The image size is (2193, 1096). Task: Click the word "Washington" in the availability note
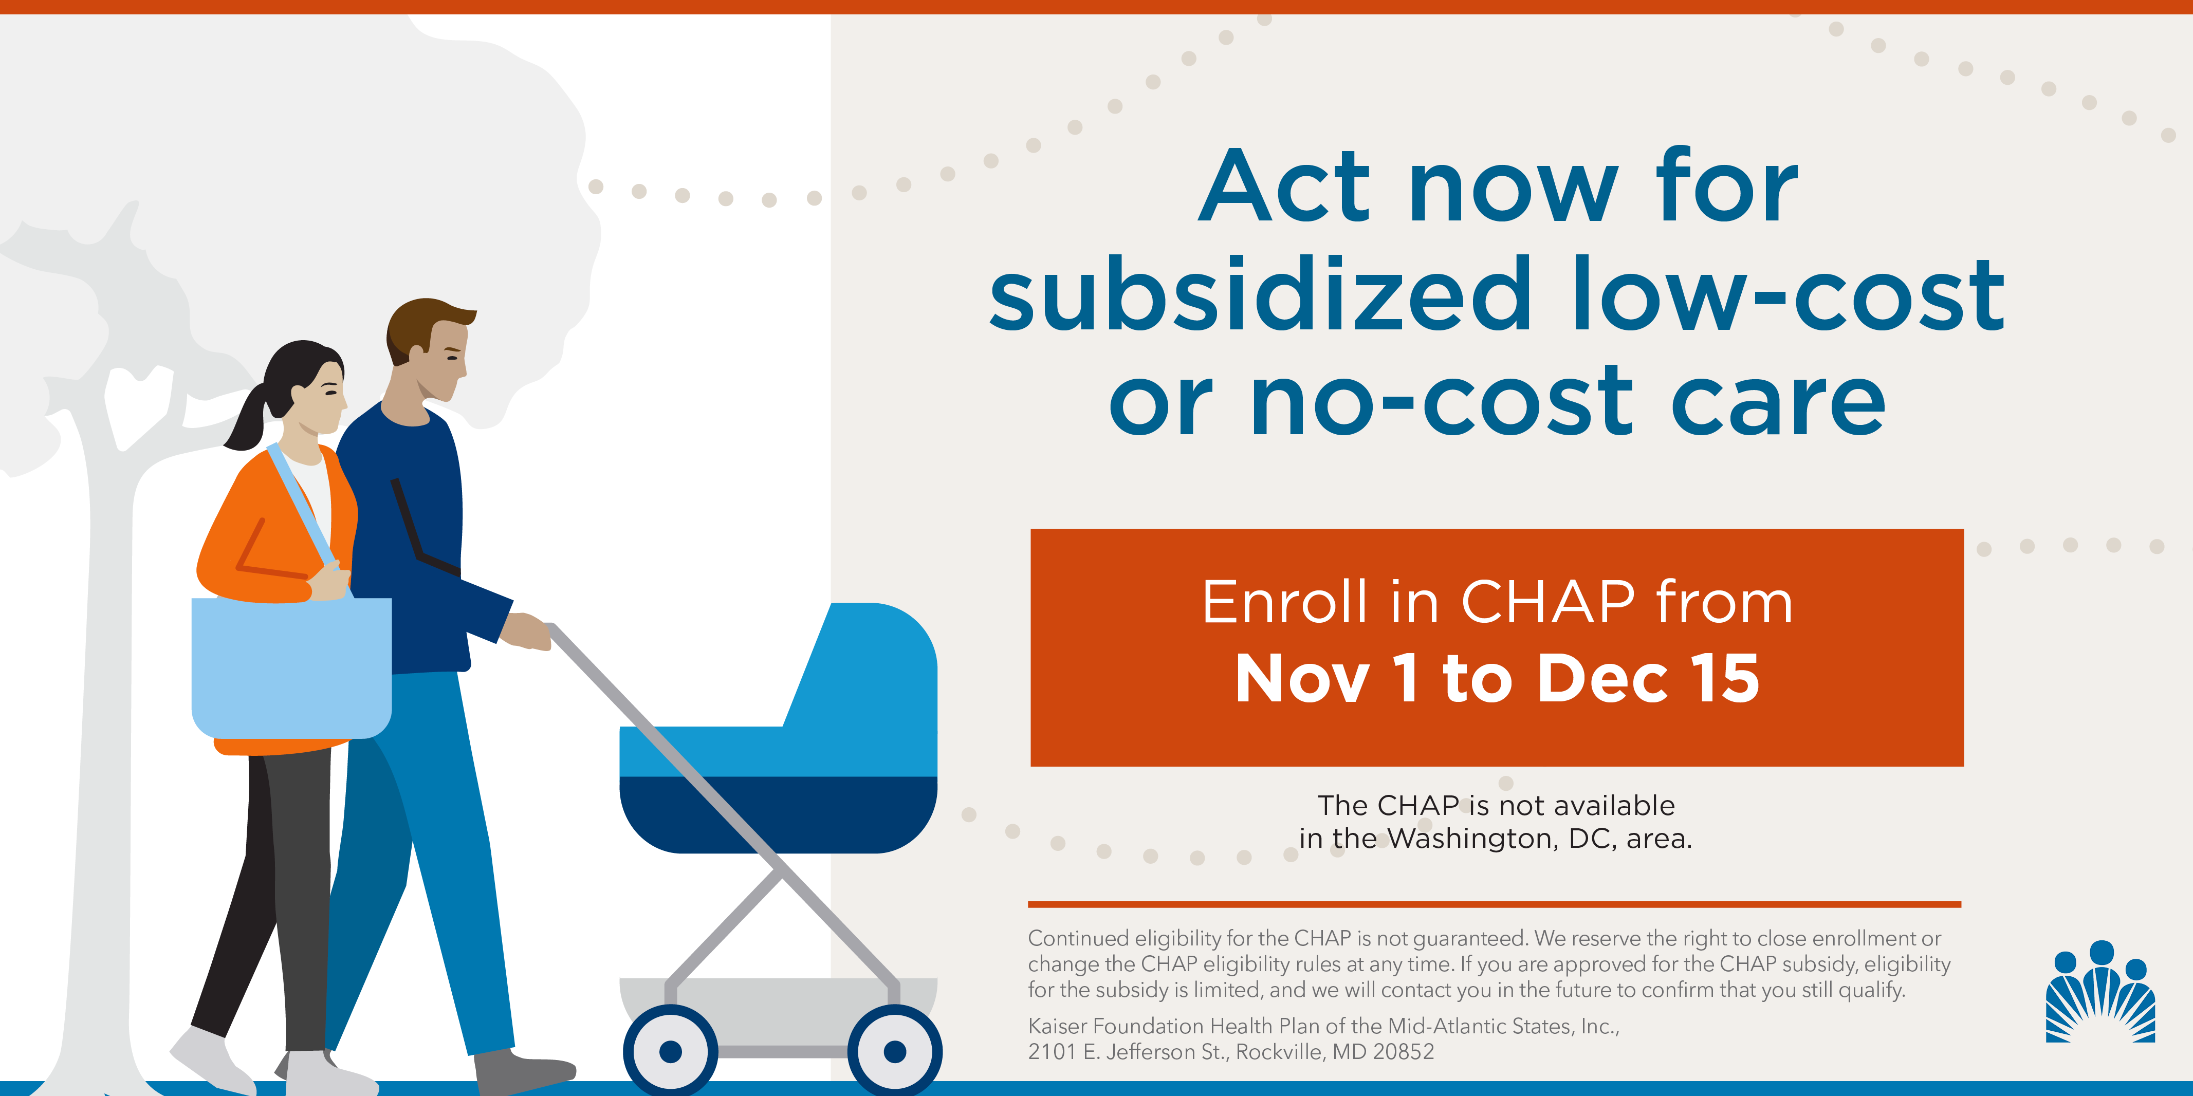tap(1473, 839)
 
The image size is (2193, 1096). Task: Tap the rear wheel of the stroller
tap(671, 1052)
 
